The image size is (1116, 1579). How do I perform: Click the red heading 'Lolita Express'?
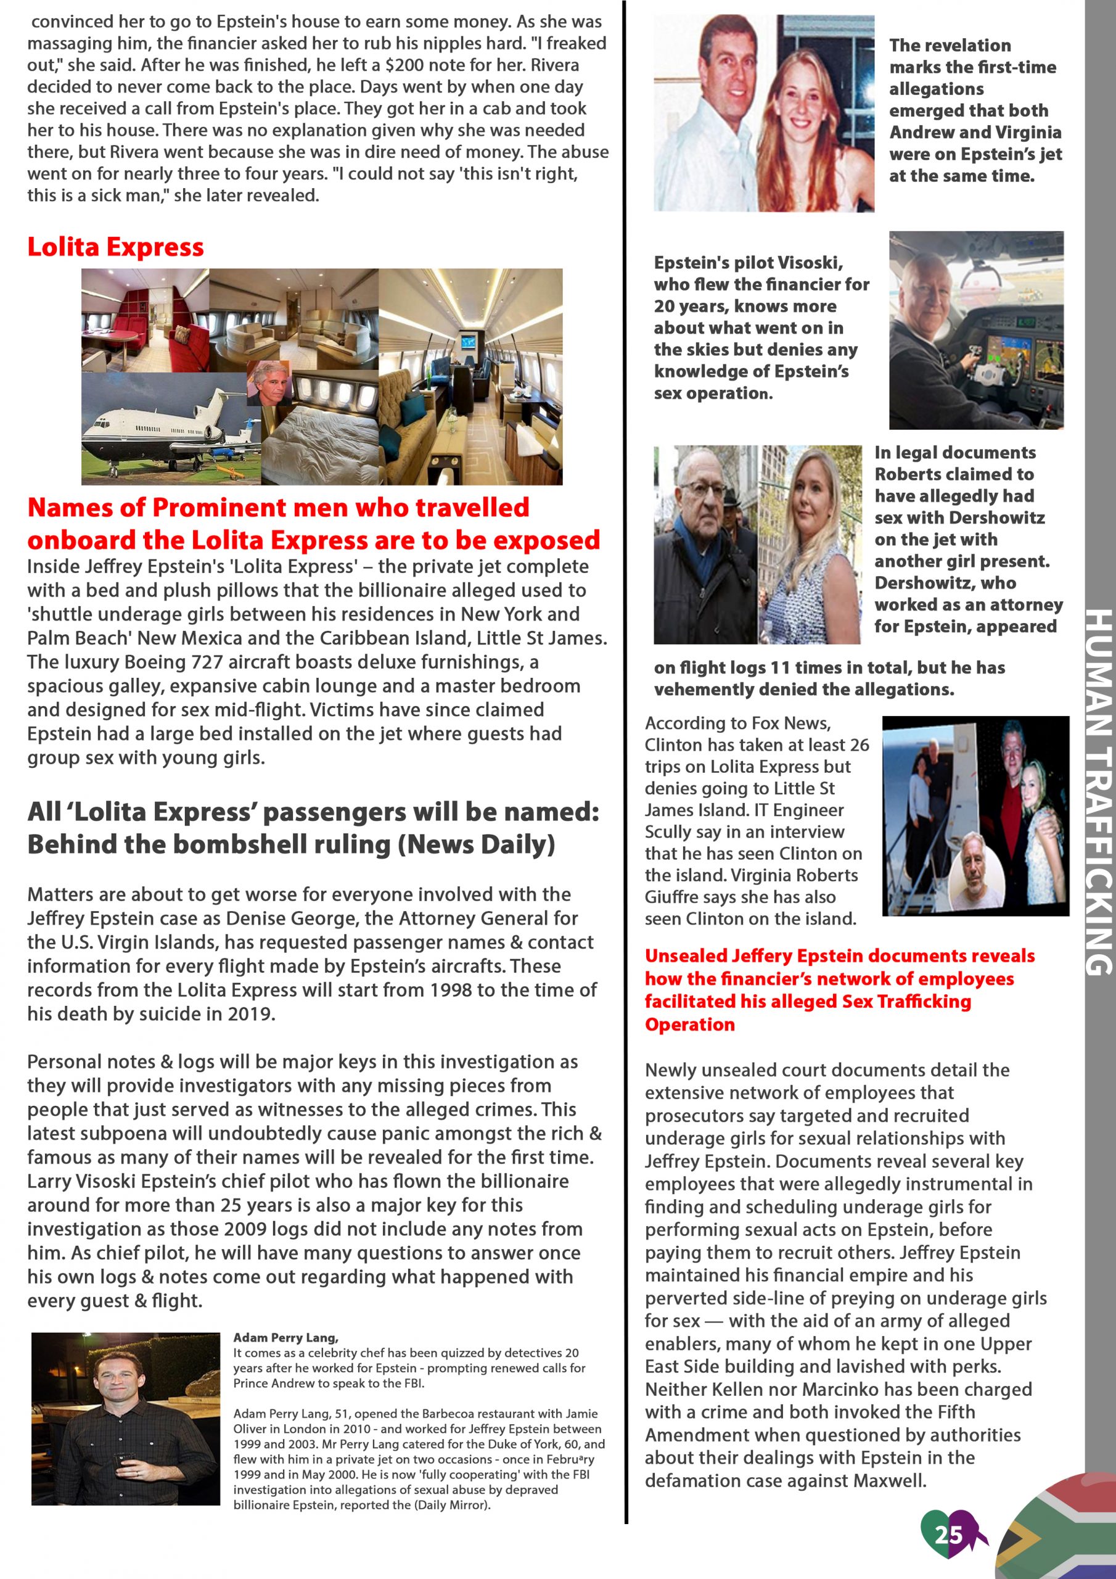coord(115,247)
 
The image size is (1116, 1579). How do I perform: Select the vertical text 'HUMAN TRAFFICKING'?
coord(1099,791)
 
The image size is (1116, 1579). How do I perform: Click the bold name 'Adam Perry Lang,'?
coord(285,1338)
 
